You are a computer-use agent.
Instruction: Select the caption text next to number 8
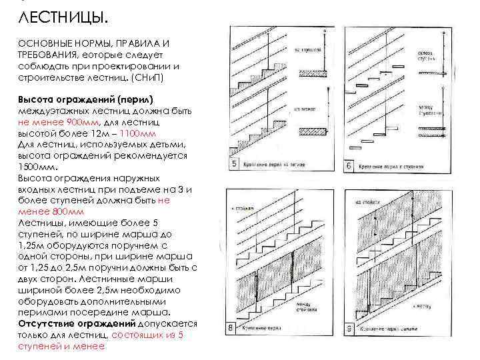tap(279, 329)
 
